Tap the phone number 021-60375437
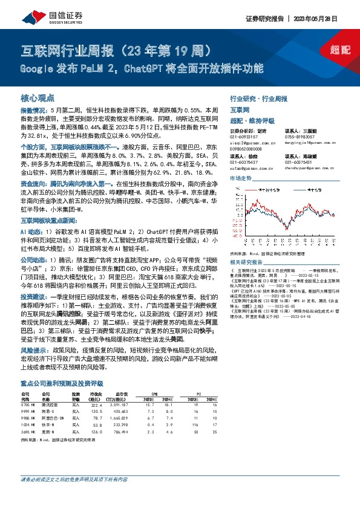coord(244,161)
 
